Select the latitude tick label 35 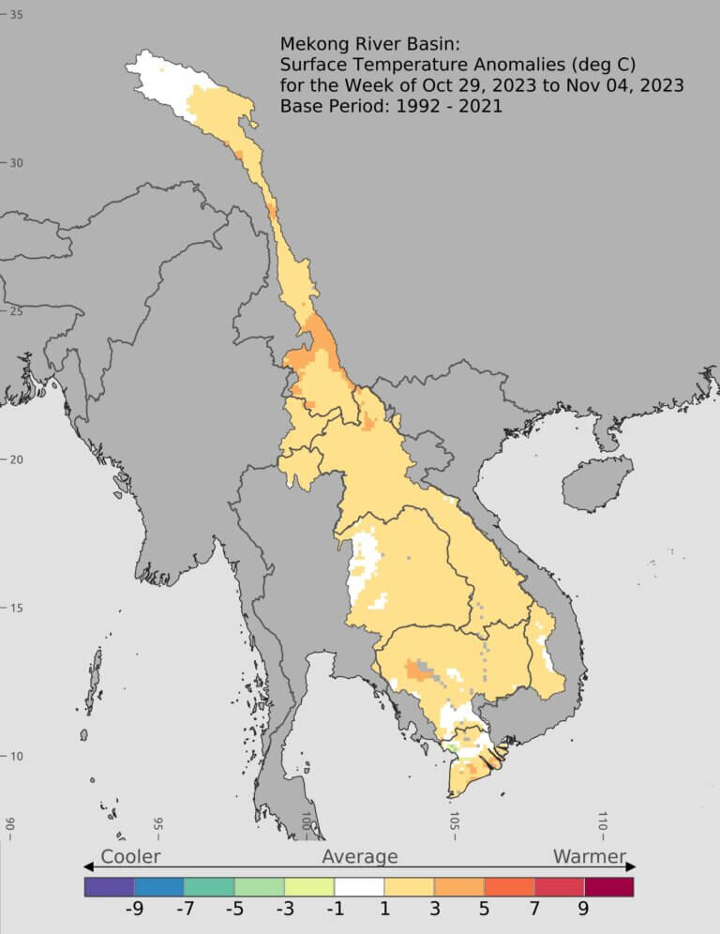[x=17, y=15]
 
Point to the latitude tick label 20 [x=17, y=459]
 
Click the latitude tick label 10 [x=17, y=756]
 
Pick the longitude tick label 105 [x=454, y=823]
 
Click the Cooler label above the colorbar [x=130, y=856]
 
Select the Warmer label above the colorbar [x=589, y=856]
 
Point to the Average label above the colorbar [x=360, y=856]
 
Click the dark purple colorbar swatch [x=109, y=886]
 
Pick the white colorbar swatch [x=359, y=886]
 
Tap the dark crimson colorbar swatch [x=609, y=886]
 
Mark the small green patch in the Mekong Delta [x=453, y=748]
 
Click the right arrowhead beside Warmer [x=631, y=866]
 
